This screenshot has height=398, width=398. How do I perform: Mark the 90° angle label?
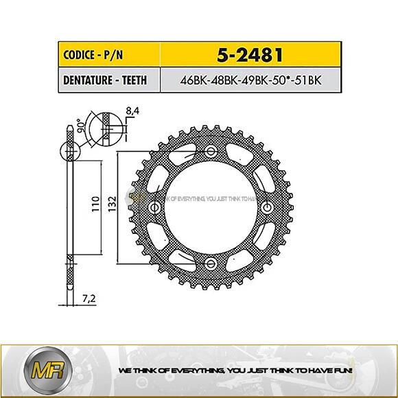pyautogui.click(x=80, y=126)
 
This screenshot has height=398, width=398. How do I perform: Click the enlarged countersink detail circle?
pyautogui.click(x=108, y=127)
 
